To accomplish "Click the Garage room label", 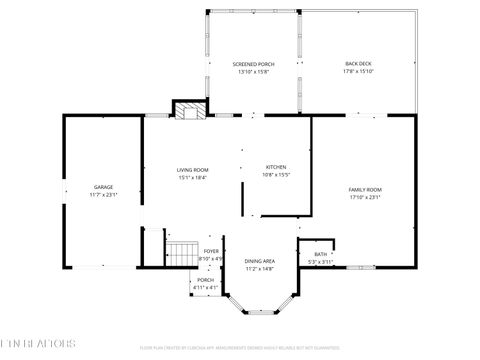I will click(x=103, y=187).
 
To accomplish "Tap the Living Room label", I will click(x=192, y=170).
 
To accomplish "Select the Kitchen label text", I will click(x=275, y=166).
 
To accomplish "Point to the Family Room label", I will click(x=365, y=189).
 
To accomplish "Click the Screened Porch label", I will click(x=253, y=64).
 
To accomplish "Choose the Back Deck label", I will click(x=358, y=64).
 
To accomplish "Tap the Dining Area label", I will click(x=260, y=261).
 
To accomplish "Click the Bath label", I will click(x=319, y=255).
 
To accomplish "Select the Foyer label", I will click(x=211, y=251).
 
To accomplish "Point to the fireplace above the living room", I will click(x=191, y=110).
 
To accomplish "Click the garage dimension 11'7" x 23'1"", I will click(x=103, y=195).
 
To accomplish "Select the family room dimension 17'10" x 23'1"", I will click(x=365, y=197).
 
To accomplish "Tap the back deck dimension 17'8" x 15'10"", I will click(x=358, y=72).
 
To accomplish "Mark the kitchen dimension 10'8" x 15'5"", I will click(x=275, y=175).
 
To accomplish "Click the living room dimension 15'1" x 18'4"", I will click(x=192, y=178).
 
